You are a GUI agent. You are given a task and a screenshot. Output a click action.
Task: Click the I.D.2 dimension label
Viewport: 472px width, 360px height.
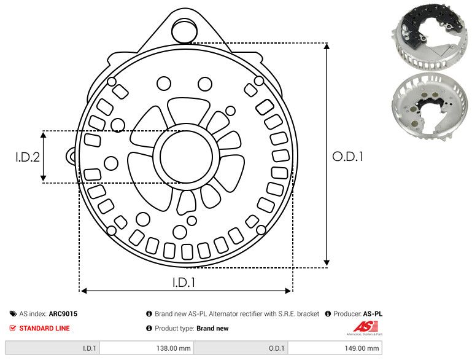(x=28, y=157)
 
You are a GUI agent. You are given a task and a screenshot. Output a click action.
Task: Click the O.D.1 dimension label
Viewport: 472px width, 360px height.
(x=348, y=157)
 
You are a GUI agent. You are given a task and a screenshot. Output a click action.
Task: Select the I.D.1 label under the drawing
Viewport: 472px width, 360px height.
(x=184, y=283)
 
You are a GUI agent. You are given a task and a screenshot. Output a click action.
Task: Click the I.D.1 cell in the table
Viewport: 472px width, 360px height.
(x=88, y=348)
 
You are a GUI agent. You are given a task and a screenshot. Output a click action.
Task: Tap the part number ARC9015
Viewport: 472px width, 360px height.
(x=63, y=313)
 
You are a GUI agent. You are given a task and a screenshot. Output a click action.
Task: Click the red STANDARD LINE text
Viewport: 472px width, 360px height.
(x=44, y=328)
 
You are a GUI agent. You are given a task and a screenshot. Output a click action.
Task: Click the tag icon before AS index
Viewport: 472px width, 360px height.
(x=13, y=313)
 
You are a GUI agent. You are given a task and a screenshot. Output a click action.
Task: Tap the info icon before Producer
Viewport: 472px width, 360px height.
(x=328, y=313)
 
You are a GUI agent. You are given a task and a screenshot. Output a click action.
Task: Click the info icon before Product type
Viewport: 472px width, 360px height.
(x=149, y=328)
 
